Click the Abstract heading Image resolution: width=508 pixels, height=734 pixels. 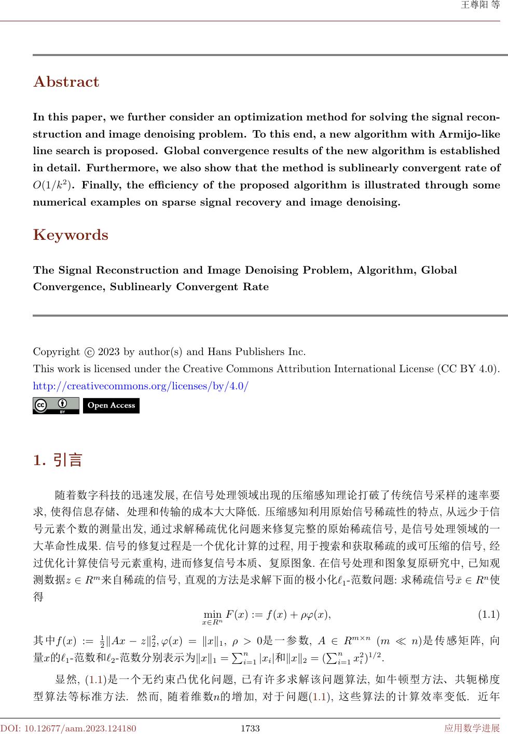(66, 82)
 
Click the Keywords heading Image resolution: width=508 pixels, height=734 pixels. (71, 235)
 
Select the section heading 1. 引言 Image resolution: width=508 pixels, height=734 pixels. (58, 460)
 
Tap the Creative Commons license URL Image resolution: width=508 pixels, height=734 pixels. (141, 386)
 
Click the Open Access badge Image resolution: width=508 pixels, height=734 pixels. (111, 405)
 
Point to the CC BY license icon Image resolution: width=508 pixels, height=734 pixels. (56, 405)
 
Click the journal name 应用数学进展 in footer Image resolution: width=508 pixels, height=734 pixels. (472, 728)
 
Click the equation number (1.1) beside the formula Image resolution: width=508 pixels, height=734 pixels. (488, 600)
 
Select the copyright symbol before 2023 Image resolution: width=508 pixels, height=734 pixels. (89, 352)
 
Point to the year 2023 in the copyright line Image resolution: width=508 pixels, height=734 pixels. (108, 351)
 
